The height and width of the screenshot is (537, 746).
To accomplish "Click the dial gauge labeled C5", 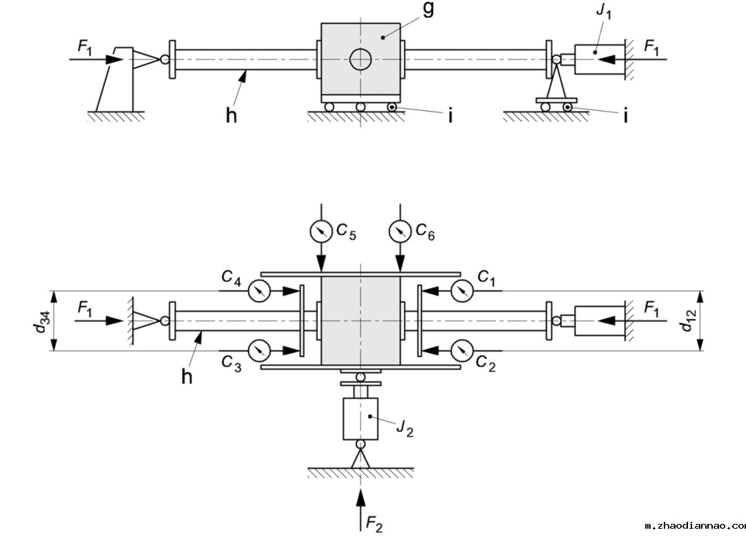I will coord(321,231).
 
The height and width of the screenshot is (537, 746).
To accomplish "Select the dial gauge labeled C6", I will coord(400,231).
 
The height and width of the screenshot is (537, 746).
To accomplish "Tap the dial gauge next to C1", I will coord(461,292).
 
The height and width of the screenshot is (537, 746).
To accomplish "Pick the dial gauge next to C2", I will coord(461,350).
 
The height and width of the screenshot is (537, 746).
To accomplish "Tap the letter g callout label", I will coord(428,11).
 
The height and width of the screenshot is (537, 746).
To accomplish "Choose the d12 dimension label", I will coord(687,321).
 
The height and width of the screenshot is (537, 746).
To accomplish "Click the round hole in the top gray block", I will coord(360,60).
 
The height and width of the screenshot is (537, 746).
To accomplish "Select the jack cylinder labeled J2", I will coord(361,418).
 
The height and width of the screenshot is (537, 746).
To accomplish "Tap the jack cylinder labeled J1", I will coord(597,60).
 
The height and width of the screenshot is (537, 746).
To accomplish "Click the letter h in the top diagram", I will coord(231,115).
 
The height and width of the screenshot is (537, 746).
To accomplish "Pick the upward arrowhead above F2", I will coord(361,494).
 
